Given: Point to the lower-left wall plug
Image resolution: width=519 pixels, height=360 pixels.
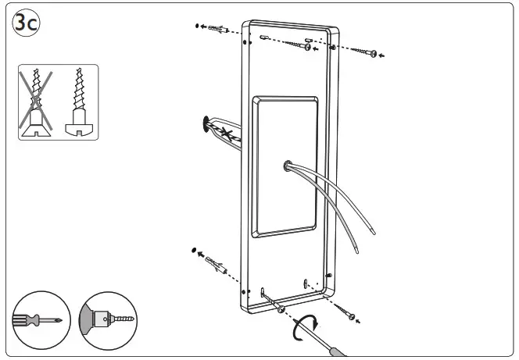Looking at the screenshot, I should tap(214, 262).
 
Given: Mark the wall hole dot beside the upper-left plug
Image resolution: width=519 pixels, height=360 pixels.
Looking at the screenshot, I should tap(198, 26).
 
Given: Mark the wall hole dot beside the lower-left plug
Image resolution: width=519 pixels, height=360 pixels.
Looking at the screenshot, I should tap(192, 251).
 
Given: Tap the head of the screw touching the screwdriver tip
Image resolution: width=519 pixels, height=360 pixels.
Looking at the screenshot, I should tap(281, 309).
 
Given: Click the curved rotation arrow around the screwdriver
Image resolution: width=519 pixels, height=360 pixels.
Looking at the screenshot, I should tap(305, 325).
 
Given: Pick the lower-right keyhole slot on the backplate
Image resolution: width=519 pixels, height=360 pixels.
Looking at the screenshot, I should tap(305, 282).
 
